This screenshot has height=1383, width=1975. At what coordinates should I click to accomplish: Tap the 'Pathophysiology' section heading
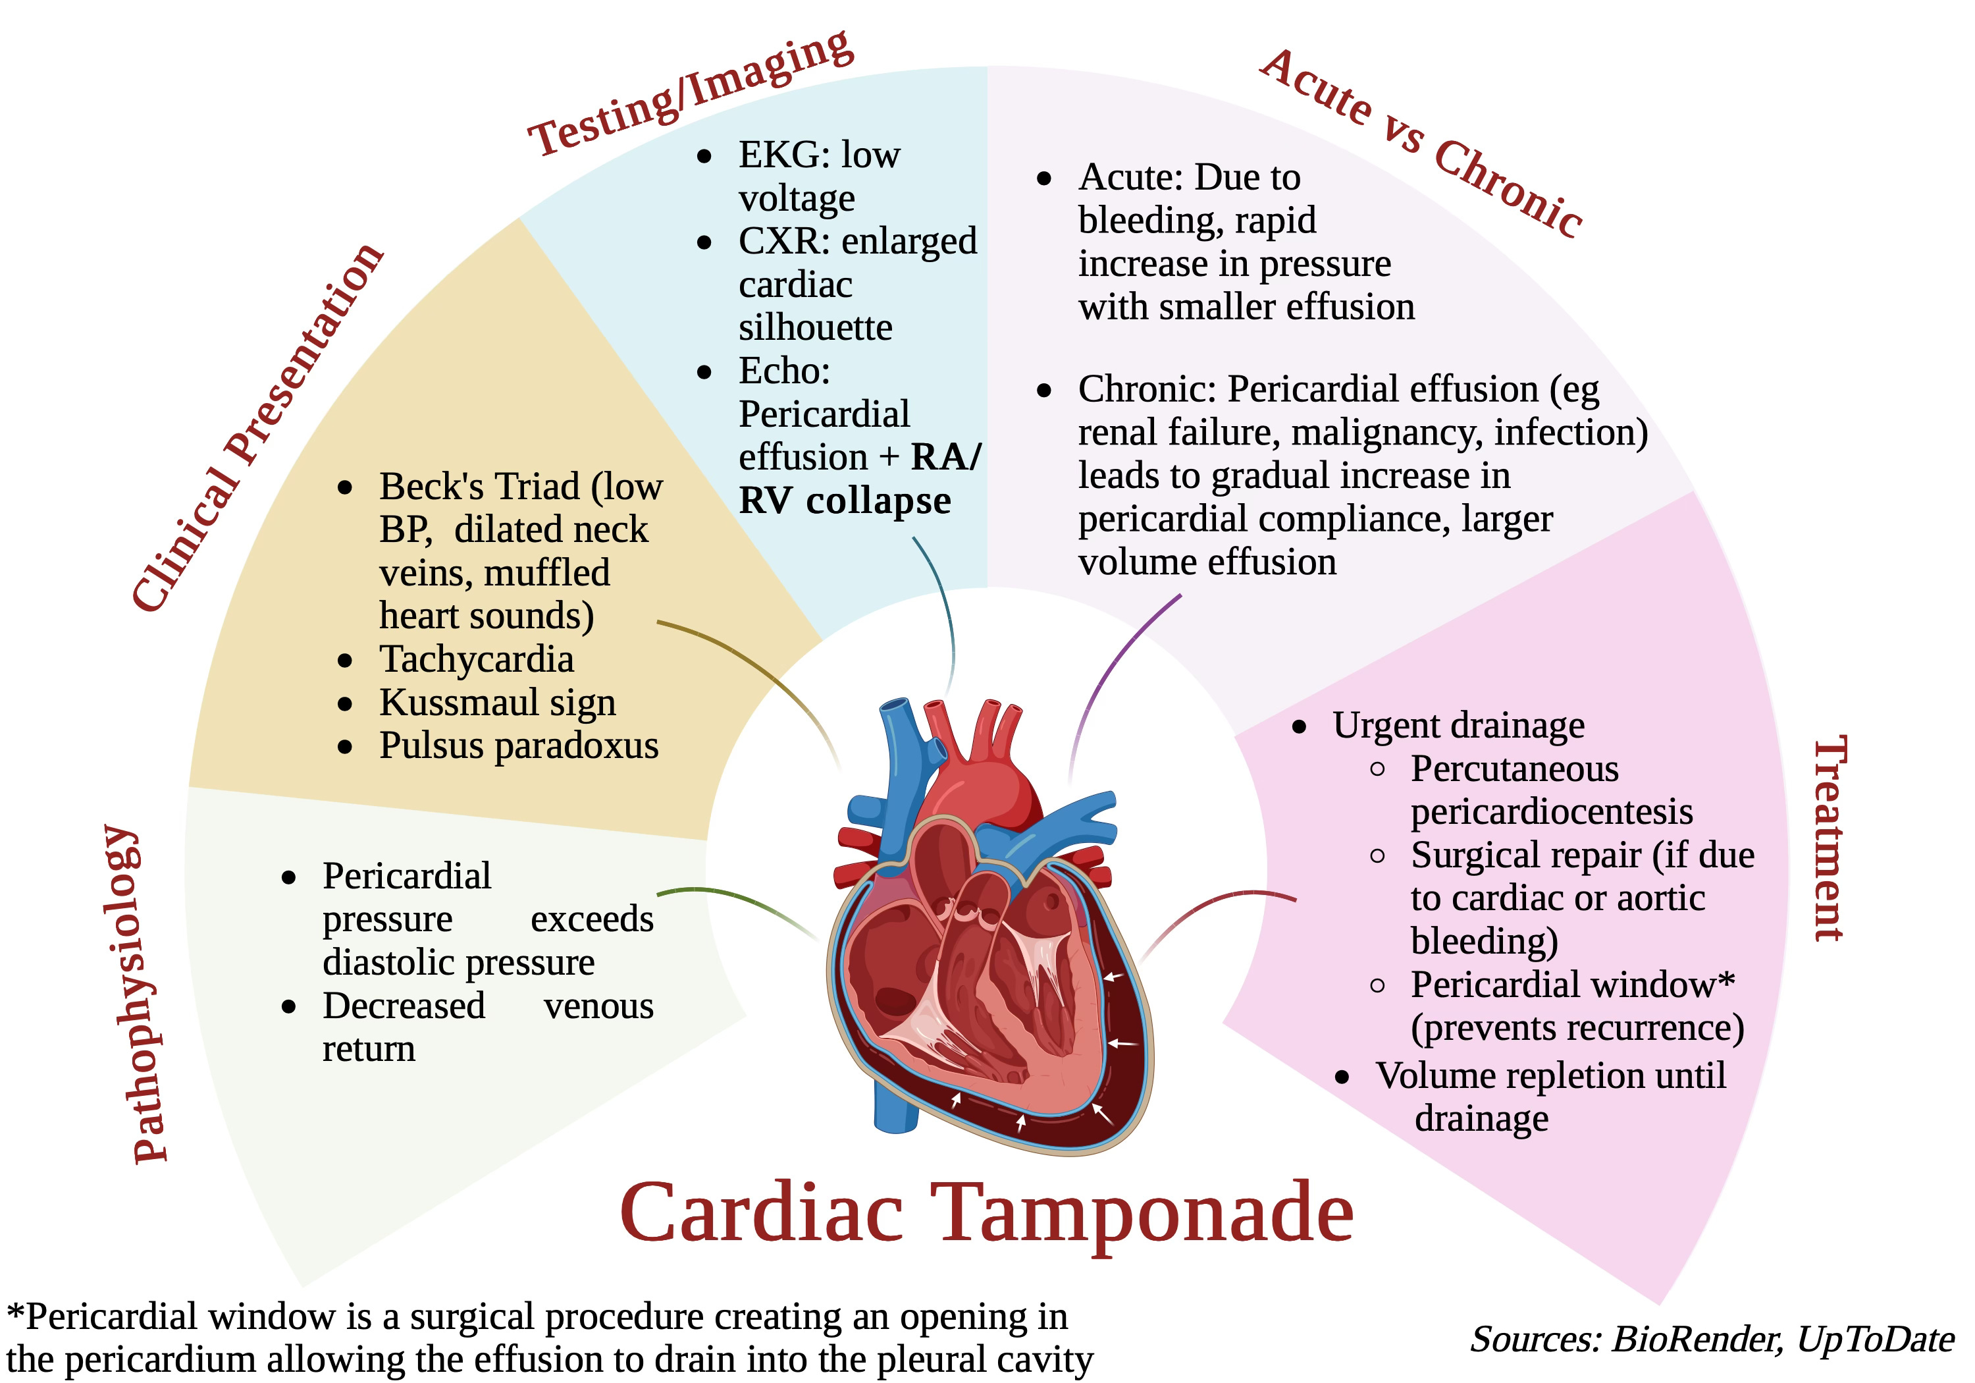[138, 994]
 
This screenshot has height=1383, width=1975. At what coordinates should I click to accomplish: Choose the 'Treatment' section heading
[1829, 838]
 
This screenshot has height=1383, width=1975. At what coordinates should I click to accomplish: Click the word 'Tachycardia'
[477, 659]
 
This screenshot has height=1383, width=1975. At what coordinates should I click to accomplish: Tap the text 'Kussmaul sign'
[497, 702]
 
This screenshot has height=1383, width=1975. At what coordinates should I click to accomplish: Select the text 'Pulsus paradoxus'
[519, 746]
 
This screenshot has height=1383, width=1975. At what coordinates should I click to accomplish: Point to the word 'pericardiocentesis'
[1552, 811]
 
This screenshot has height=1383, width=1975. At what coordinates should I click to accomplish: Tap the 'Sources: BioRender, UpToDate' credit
[1712, 1339]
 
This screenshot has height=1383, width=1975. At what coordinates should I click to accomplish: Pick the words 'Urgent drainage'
[1458, 726]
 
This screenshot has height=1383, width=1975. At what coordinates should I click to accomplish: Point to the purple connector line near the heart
[1110, 671]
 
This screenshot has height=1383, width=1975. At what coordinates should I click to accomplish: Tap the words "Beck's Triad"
[480, 486]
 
